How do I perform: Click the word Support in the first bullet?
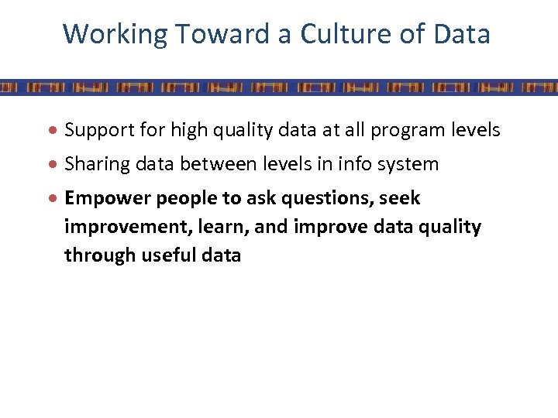click(95, 130)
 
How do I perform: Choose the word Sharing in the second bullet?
click(94, 164)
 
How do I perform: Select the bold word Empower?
click(107, 199)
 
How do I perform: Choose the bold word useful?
click(171, 255)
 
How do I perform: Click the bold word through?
click(98, 255)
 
